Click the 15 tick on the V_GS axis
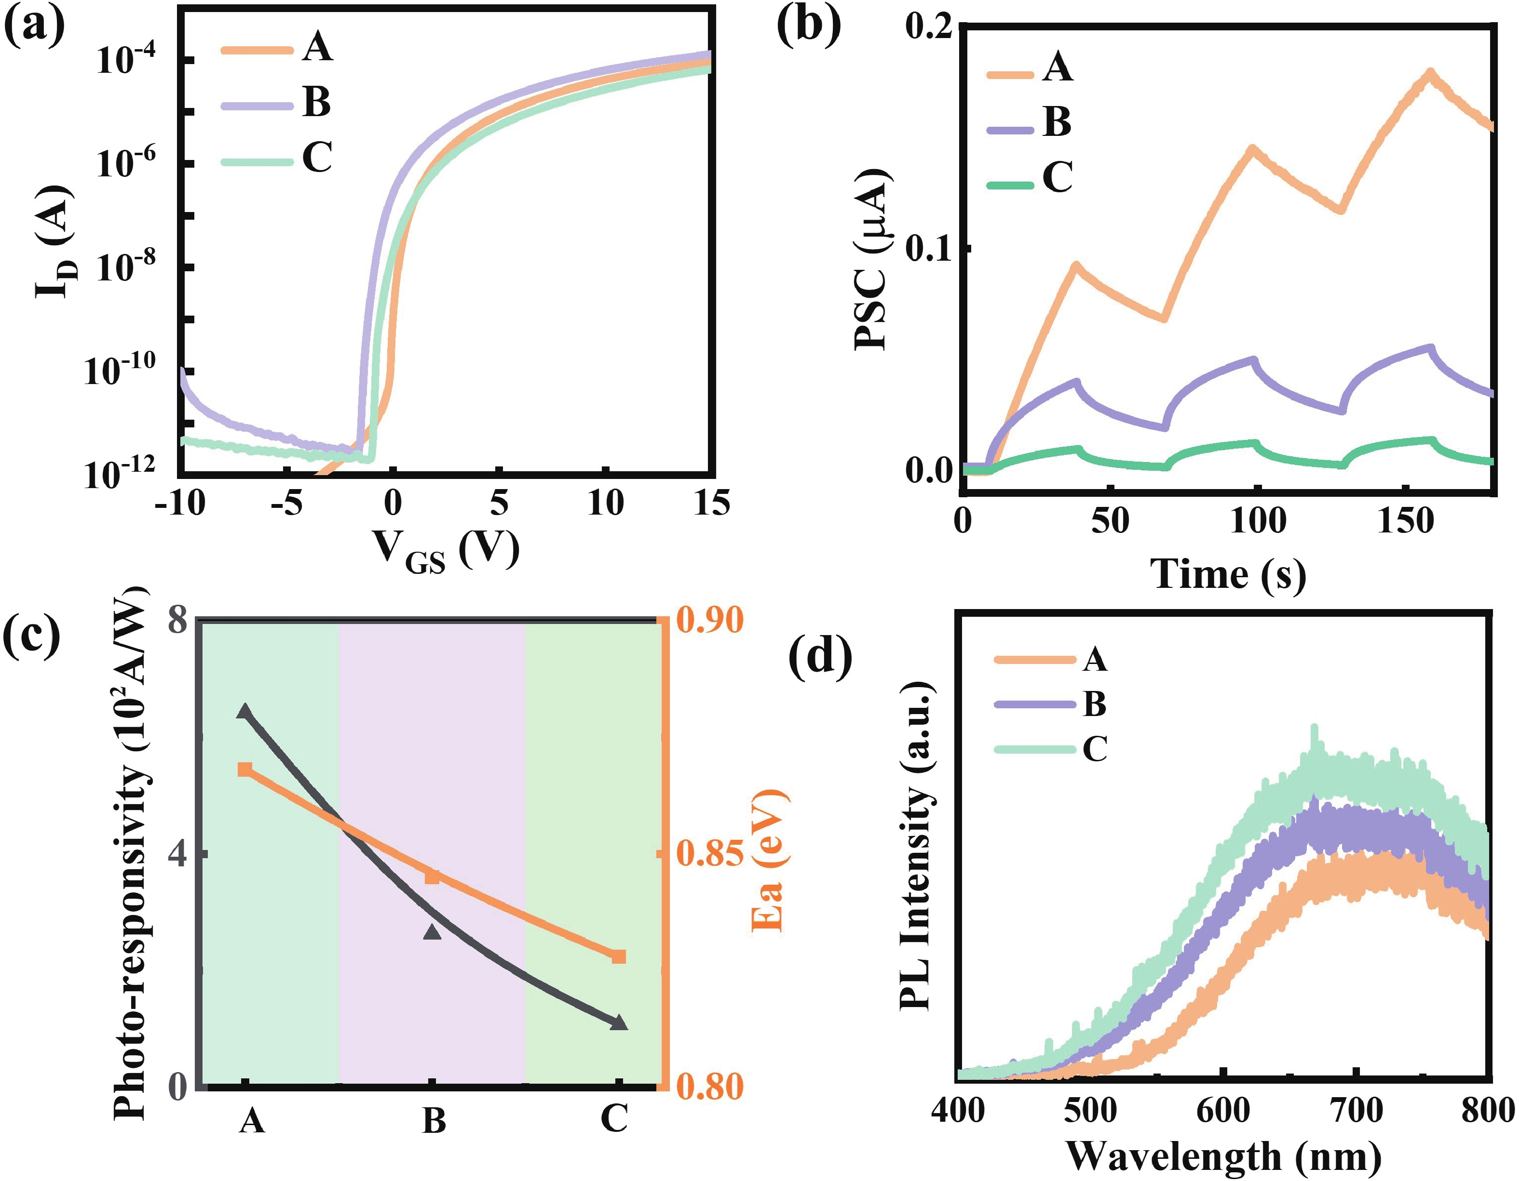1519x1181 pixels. click(711, 502)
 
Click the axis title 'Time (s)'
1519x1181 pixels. click(1228, 574)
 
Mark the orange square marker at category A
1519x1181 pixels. click(245, 770)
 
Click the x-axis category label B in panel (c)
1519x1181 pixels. click(434, 1120)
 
